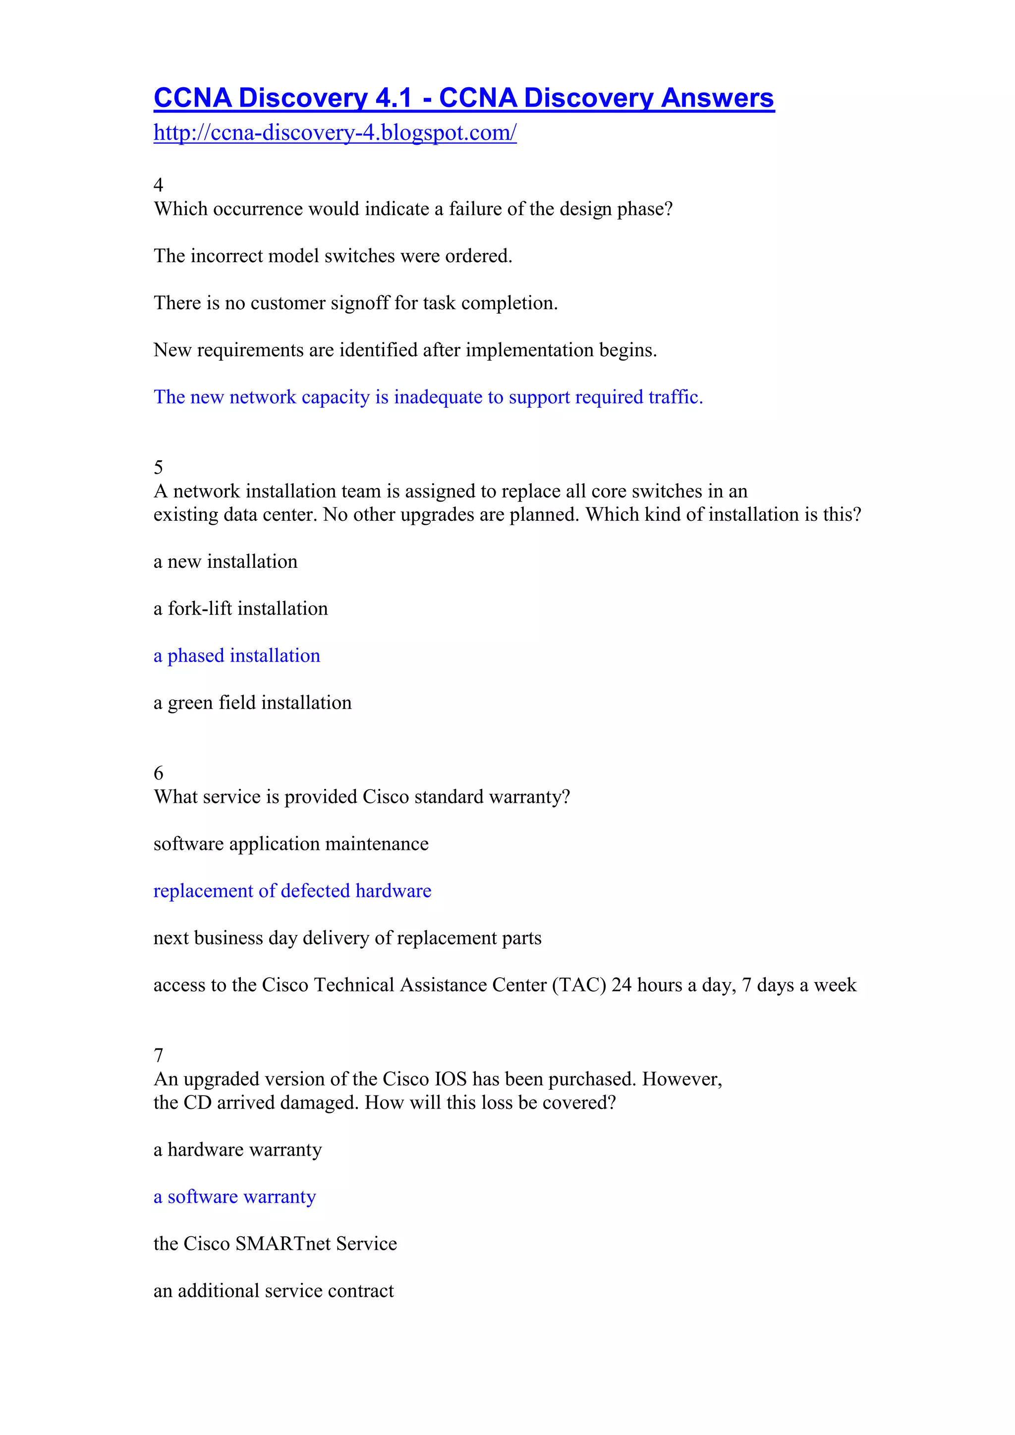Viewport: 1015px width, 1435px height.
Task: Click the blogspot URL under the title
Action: [x=335, y=133]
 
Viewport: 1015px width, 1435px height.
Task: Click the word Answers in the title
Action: [x=718, y=99]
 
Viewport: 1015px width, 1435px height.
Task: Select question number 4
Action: [x=159, y=185]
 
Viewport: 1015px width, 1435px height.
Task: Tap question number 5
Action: [x=159, y=467]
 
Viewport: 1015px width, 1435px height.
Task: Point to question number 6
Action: [x=159, y=773]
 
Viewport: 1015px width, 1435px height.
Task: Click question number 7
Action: [x=159, y=1055]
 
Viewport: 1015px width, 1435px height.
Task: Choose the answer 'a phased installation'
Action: [x=237, y=656]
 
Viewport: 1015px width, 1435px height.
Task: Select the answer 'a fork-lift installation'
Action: [x=241, y=609]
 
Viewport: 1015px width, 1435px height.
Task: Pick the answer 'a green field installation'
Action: [x=252, y=703]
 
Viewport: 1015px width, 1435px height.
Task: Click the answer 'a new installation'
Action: [x=226, y=562]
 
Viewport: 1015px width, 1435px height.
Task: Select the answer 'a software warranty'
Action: [x=235, y=1197]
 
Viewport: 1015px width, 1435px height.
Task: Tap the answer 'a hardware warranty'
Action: [x=237, y=1150]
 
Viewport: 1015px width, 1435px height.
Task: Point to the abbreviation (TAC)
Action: [x=579, y=985]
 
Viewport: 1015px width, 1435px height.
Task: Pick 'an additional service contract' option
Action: [x=274, y=1291]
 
